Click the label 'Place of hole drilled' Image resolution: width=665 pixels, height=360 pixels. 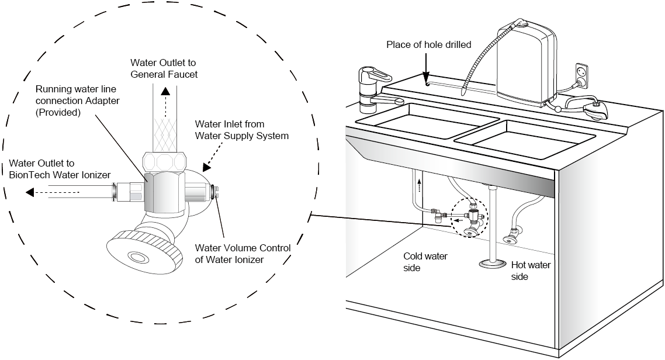pyautogui.click(x=428, y=45)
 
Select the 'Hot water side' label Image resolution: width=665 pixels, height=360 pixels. pyautogui.click(x=531, y=271)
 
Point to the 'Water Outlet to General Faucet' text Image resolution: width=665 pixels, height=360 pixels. pyautogui.click(x=164, y=68)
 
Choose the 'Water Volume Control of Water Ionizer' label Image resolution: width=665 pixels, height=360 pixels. pyautogui.click(x=243, y=254)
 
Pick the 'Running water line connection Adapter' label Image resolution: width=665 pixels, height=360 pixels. pyautogui.click(x=81, y=101)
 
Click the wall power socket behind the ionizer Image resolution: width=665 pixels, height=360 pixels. pyautogui.click(x=583, y=74)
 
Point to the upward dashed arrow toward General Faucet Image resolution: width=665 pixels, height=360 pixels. pyautogui.click(x=165, y=102)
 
